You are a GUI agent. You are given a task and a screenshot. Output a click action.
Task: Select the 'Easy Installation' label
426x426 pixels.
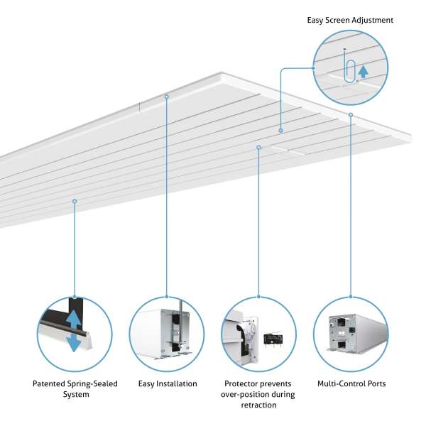coord(168,384)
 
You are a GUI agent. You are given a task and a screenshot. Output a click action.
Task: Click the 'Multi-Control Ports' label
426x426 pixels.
coord(351,384)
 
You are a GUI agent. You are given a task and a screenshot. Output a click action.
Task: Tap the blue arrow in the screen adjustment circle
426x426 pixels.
coord(364,70)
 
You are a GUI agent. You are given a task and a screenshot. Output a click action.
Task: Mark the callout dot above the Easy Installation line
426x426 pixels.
coord(166,96)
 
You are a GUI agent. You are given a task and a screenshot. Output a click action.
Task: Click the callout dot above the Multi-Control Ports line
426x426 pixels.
coord(351,114)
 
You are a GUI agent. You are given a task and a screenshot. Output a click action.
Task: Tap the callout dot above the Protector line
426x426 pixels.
coord(259,148)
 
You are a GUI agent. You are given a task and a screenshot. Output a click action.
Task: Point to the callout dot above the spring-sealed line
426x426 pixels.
coord(75,201)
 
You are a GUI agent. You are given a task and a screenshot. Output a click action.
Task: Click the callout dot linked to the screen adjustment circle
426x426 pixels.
coord(281,131)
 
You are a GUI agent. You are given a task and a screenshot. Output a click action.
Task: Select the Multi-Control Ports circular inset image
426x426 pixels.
coord(351,334)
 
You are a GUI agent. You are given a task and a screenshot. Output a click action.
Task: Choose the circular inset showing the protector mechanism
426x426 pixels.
coord(259,334)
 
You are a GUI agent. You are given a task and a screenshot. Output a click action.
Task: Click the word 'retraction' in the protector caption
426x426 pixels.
coord(258,405)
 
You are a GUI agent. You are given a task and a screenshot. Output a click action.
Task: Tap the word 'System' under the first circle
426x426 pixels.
coord(71,395)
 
